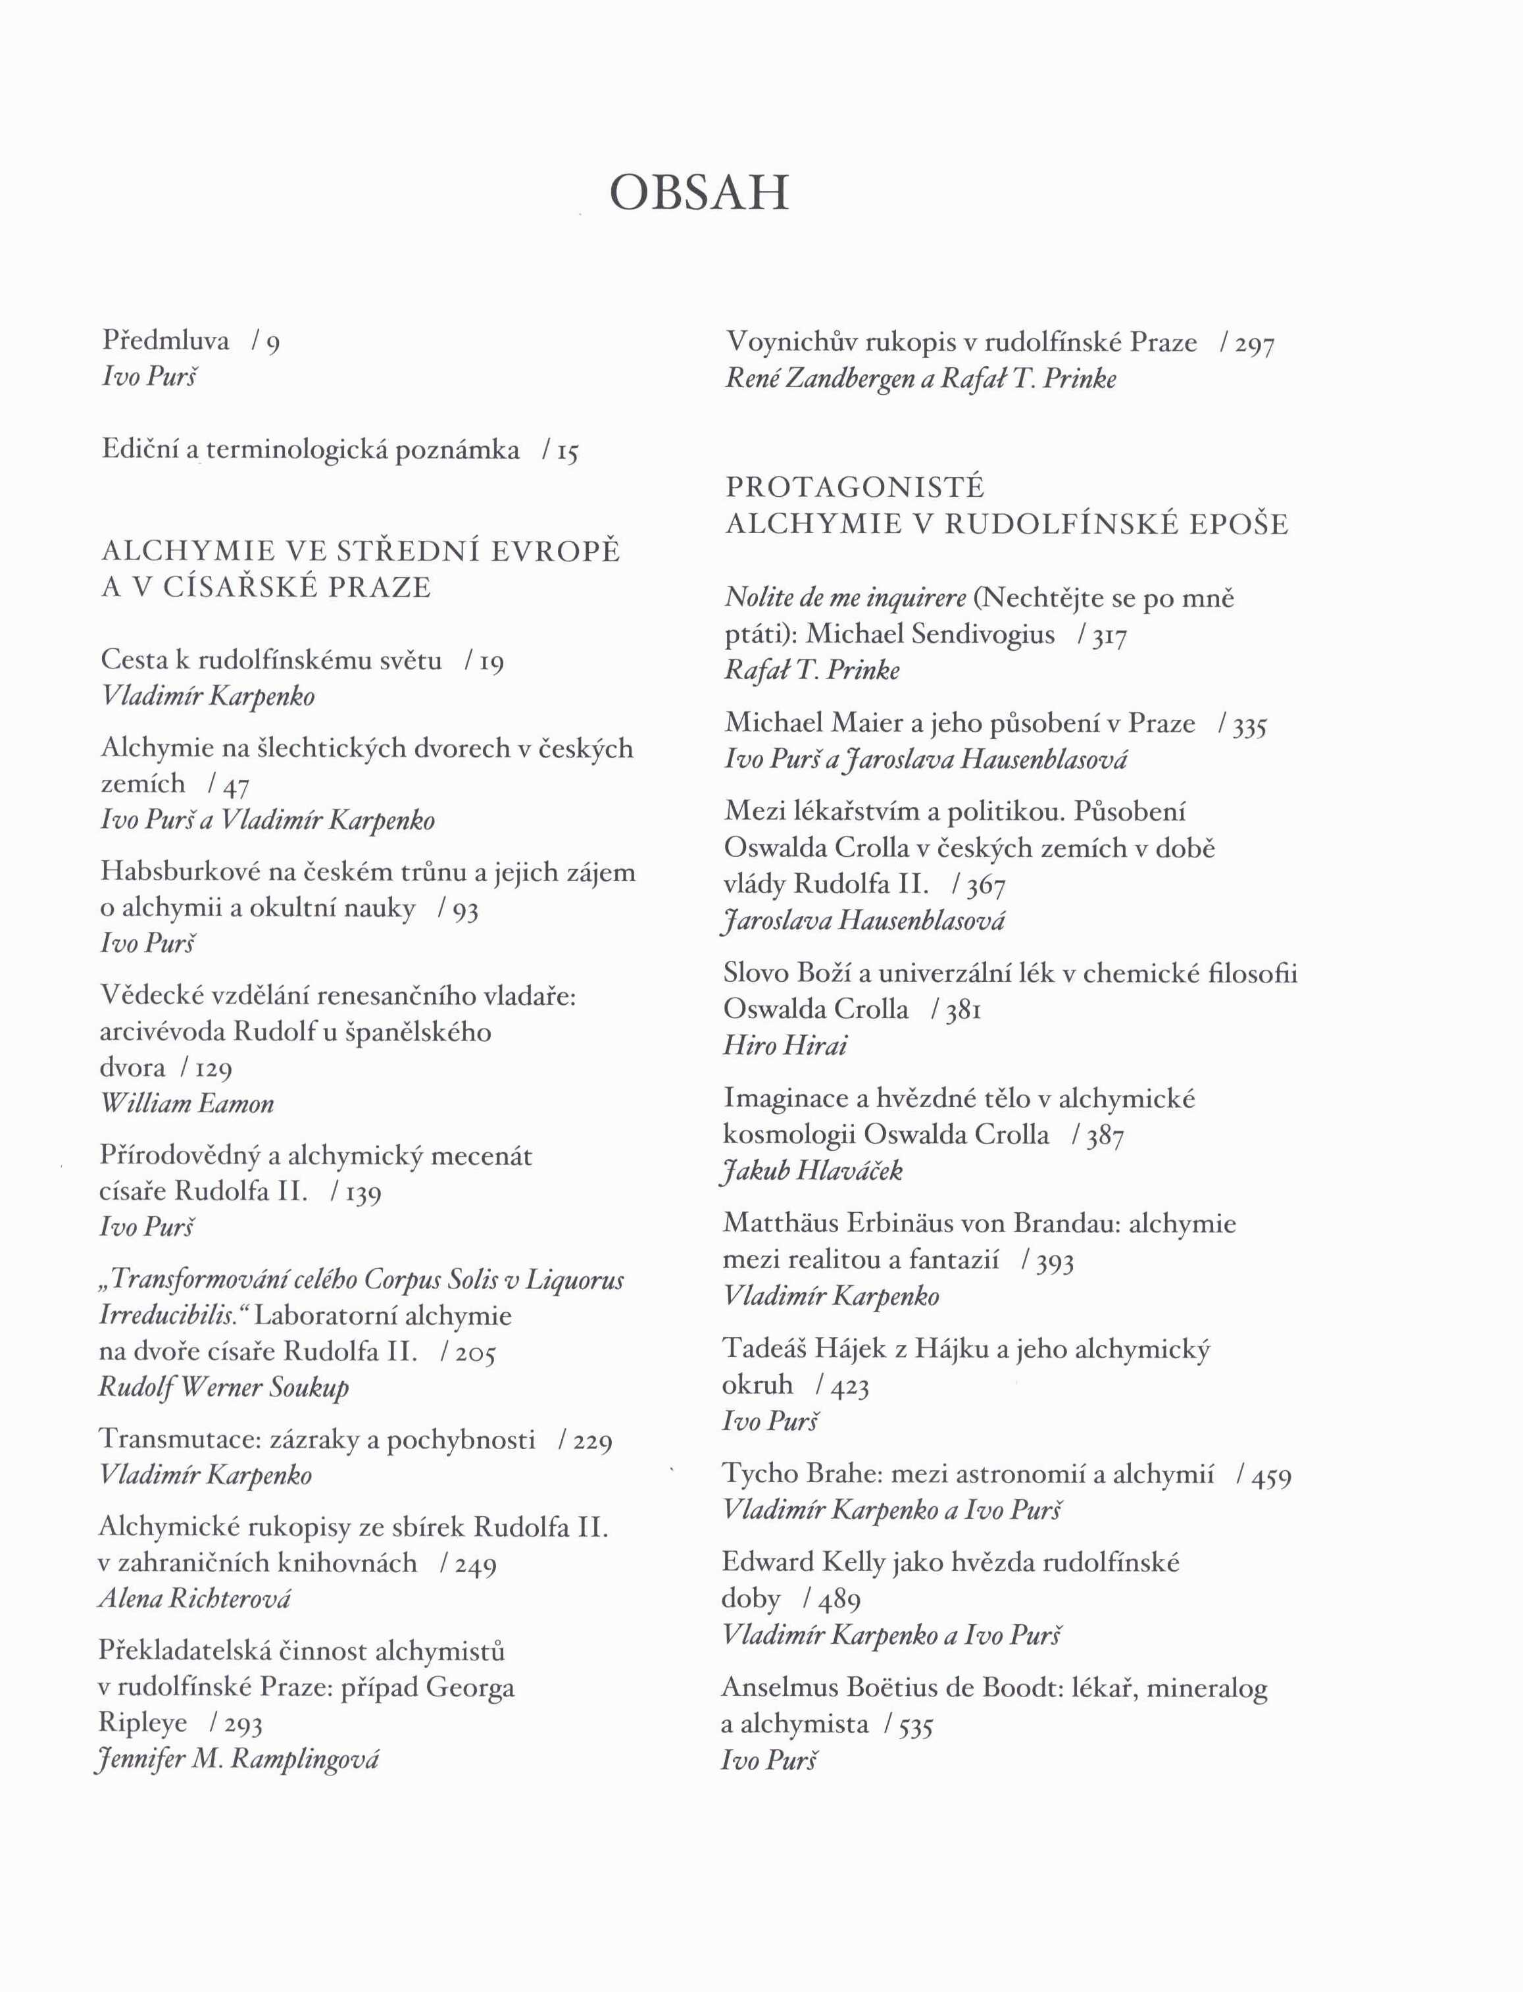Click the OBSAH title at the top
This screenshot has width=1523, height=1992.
(x=699, y=193)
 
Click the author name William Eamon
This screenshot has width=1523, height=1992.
(x=187, y=1104)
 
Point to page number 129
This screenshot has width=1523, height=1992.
(x=214, y=1069)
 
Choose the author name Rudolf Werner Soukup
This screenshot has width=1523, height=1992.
(x=224, y=1387)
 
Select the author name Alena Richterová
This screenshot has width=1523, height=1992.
(x=194, y=1598)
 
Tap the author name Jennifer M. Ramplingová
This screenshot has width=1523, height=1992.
(x=237, y=1759)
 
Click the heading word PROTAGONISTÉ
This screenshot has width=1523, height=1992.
(x=854, y=488)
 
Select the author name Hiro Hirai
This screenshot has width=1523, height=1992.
(x=785, y=1046)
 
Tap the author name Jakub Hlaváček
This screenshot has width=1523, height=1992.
(x=812, y=1171)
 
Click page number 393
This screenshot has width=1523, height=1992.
(x=1055, y=1262)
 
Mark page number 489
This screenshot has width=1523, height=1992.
(x=839, y=1600)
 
